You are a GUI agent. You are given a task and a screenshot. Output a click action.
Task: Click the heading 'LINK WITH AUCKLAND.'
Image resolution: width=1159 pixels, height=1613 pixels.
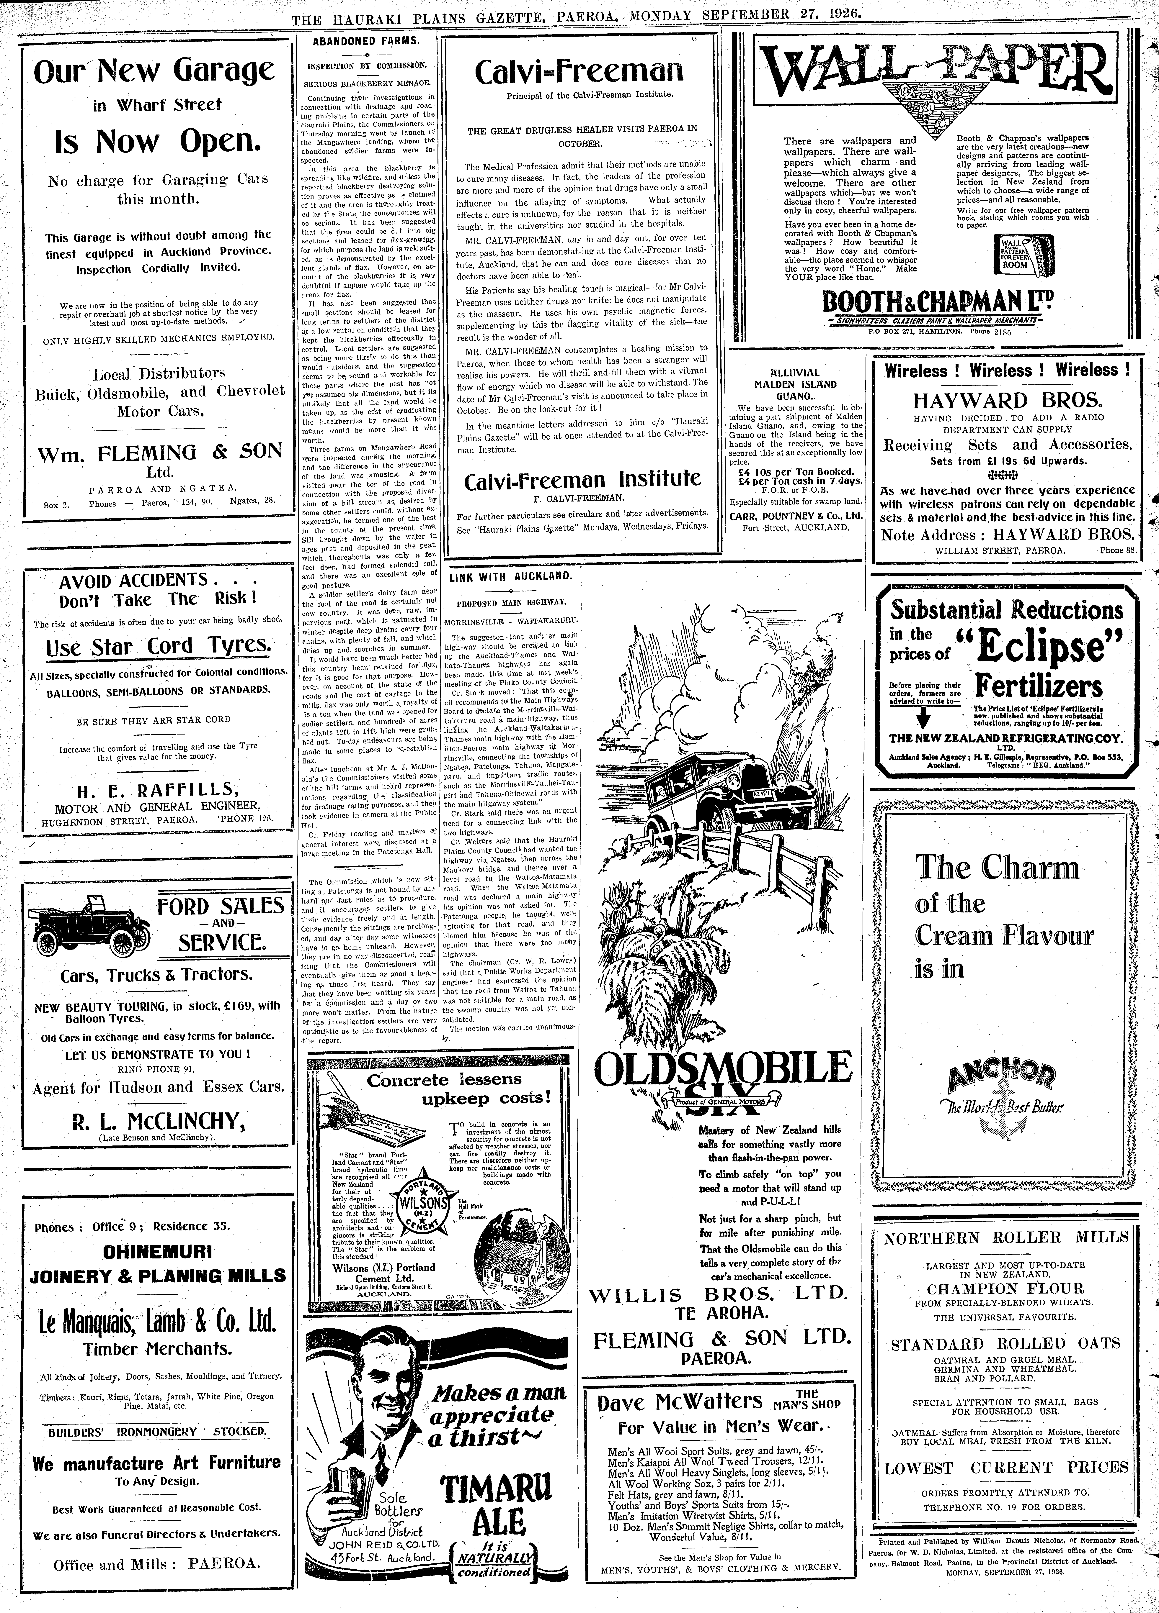(x=510, y=576)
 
